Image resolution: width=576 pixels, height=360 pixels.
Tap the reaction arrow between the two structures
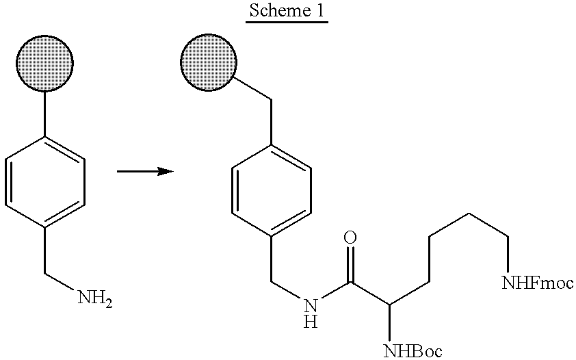click(145, 171)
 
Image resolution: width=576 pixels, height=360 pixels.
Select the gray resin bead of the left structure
click(45, 63)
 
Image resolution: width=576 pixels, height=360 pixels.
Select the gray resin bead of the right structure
click(209, 62)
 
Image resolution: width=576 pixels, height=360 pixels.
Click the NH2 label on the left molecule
click(95, 297)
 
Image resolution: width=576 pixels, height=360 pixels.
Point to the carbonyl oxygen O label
click(350, 237)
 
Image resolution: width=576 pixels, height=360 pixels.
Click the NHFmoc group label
click(538, 283)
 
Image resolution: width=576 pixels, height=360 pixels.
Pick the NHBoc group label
click(413, 350)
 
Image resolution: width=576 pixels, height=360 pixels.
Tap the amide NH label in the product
click(311, 313)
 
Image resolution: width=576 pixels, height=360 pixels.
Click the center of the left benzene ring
click(45, 182)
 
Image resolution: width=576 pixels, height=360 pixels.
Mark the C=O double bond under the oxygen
click(350, 264)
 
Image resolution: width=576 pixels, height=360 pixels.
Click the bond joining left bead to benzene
click(45, 114)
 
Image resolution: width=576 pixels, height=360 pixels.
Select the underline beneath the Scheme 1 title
click(287, 23)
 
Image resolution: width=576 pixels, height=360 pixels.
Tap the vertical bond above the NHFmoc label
click(508, 255)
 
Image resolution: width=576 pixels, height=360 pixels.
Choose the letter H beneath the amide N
click(311, 322)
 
